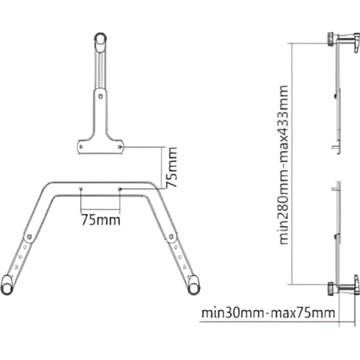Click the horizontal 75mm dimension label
pos(100,220)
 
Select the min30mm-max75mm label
pos(268,313)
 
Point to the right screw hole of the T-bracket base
pos(120,145)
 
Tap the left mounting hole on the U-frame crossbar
pos(80,189)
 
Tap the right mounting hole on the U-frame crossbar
pos(120,190)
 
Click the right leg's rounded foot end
pos(193,283)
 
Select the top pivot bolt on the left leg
pos(28,238)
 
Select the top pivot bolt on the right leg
pos(173,238)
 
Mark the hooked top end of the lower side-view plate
pos(335,188)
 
